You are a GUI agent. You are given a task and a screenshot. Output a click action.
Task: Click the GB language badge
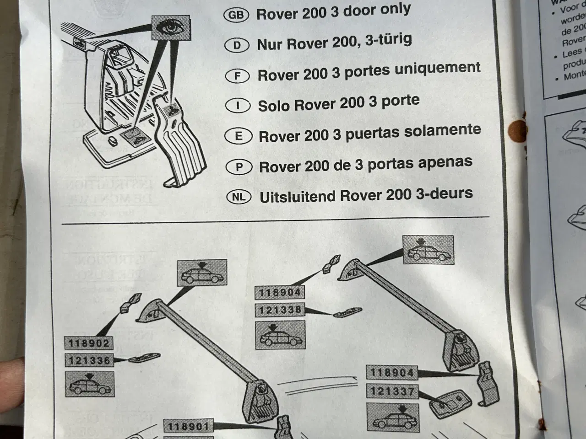tap(236, 15)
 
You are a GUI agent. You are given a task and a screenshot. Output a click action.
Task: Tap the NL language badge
tap(239, 197)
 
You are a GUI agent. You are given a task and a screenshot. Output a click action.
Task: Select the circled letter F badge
tap(237, 75)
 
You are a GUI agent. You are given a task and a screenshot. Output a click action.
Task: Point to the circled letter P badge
tap(239, 167)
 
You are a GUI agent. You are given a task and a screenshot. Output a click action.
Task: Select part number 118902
tap(89, 343)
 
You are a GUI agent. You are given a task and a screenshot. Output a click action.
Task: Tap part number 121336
tap(89, 361)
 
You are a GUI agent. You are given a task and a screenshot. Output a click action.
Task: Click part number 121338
tap(280, 310)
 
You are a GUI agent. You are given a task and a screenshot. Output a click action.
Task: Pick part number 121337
tap(392, 391)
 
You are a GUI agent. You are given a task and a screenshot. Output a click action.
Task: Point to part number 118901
tap(188, 427)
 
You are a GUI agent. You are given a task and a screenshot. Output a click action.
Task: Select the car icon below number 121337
tap(392, 417)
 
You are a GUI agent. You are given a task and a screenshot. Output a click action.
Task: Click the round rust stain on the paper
tap(518, 129)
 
